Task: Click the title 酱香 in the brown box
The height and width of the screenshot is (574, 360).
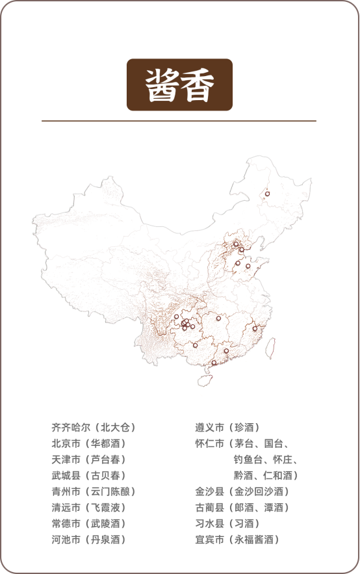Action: pos(179,85)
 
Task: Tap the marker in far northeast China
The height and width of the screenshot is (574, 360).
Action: pos(267,194)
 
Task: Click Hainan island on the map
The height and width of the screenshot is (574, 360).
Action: pos(207,376)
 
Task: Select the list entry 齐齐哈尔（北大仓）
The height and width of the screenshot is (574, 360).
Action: pos(94,428)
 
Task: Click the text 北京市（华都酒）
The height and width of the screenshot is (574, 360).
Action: pos(88,443)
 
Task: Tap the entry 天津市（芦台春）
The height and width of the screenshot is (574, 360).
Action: pos(88,460)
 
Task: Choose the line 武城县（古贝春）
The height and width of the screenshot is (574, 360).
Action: pos(88,476)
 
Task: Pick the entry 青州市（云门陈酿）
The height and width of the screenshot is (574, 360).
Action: pos(94,491)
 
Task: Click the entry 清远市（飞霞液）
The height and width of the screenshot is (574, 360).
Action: pos(88,508)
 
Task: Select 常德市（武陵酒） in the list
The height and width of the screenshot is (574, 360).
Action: pos(88,523)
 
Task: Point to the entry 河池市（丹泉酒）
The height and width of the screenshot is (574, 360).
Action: pos(88,540)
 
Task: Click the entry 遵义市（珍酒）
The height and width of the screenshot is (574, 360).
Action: pos(227,428)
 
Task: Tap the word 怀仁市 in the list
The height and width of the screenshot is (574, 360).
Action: pos(209,443)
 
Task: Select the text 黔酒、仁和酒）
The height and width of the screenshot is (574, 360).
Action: pos(266,476)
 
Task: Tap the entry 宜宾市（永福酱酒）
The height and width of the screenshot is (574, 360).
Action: pos(237,540)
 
